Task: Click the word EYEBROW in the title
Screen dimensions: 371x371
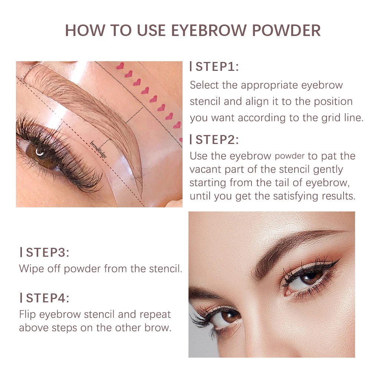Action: [x=208, y=31]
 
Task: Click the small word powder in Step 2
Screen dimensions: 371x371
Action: [x=290, y=156]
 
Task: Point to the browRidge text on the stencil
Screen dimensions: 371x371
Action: [x=99, y=150]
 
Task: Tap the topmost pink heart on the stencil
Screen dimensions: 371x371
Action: [x=120, y=66]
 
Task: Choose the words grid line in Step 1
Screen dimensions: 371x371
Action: [x=339, y=118]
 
